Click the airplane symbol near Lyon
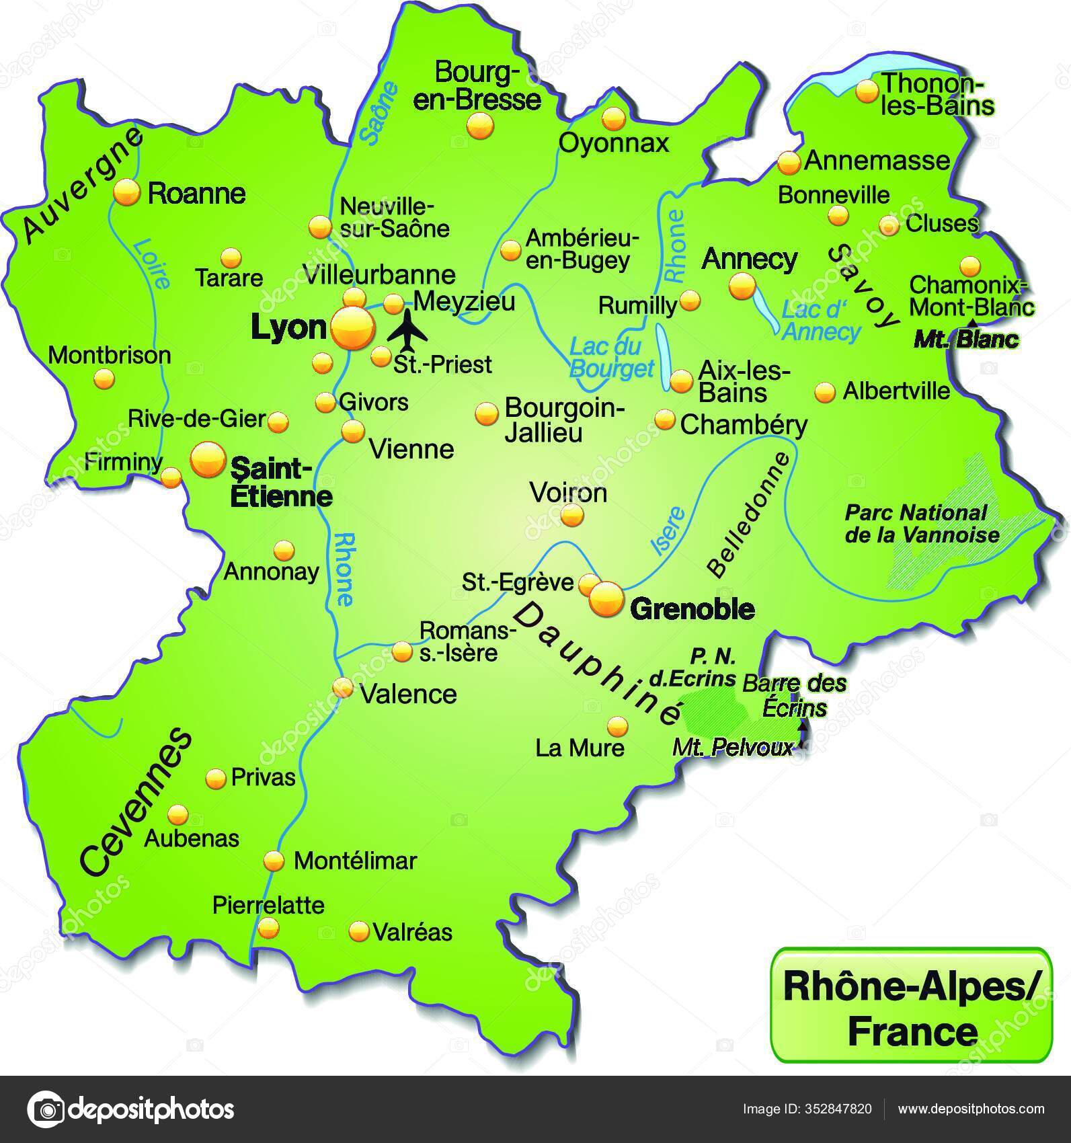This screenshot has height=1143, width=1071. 407,331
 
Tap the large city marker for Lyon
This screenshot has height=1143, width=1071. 352,327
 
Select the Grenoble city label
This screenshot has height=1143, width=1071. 692,609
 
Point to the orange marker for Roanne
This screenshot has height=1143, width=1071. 126,192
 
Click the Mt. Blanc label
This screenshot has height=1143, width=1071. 965,340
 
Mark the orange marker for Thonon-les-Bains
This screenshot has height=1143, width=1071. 867,90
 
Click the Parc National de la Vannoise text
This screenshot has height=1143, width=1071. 921,524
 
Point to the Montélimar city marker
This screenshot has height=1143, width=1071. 274,861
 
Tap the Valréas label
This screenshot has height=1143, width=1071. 411,932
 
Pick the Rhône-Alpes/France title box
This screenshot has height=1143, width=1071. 911,1005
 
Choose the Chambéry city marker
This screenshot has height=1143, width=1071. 665,420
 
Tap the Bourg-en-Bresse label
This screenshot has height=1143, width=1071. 477,85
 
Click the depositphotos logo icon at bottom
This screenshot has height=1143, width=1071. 46,1109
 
